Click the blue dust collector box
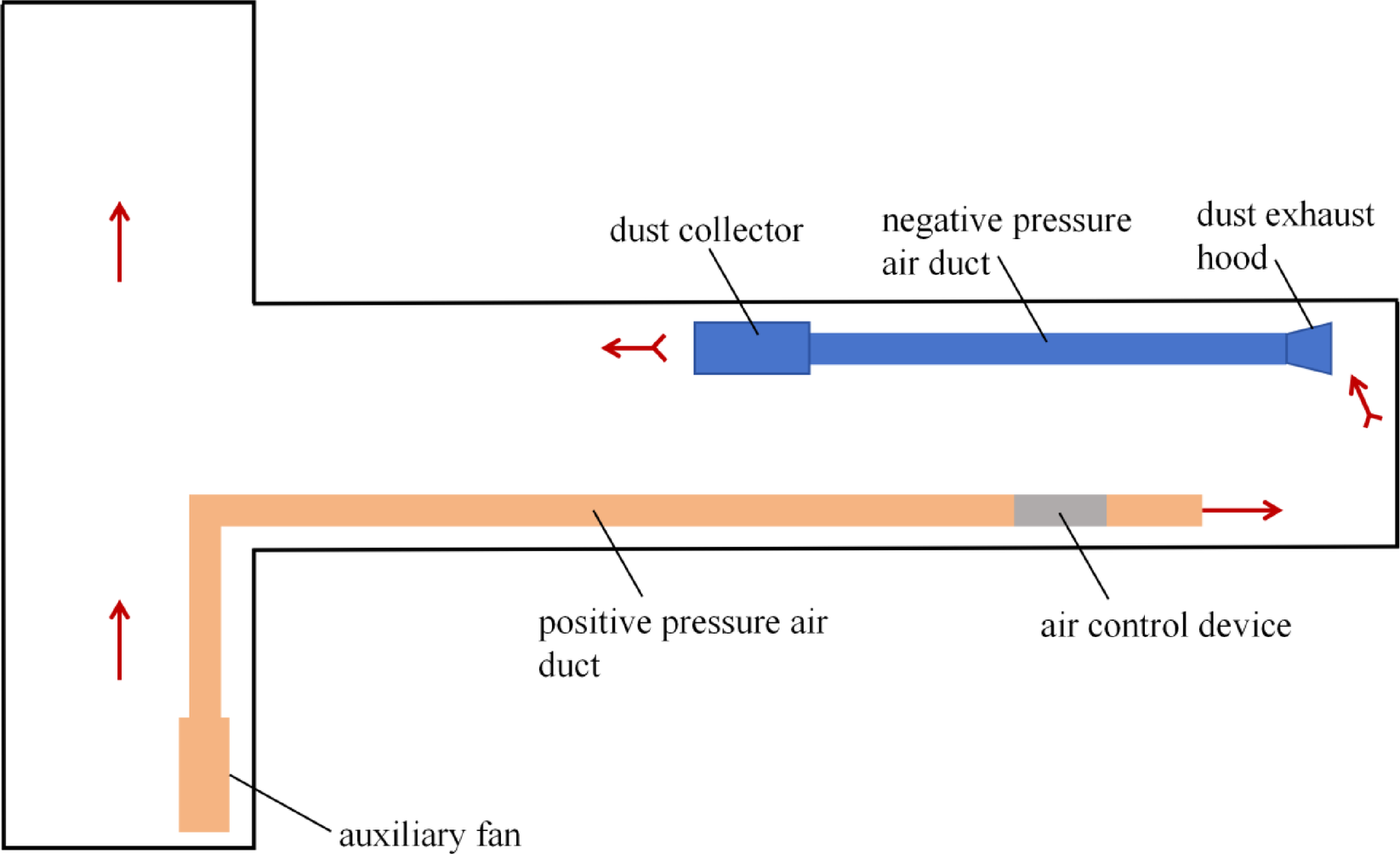(751, 348)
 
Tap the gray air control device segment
(1060, 510)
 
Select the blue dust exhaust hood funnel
(1311, 348)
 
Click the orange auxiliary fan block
(204, 775)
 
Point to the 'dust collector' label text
(706, 231)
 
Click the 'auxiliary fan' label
(430, 834)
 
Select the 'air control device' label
(1165, 626)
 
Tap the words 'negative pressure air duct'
(1005, 242)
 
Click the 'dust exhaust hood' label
(1283, 236)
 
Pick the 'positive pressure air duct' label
(681, 643)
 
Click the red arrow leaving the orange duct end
(1242, 510)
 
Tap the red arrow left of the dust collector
(635, 348)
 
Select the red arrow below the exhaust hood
(1364, 401)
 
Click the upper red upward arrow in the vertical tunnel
(120, 242)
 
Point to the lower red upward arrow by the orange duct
(120, 640)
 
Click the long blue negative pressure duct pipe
(1046, 349)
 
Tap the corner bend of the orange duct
(205, 510)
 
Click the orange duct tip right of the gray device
(1154, 510)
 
